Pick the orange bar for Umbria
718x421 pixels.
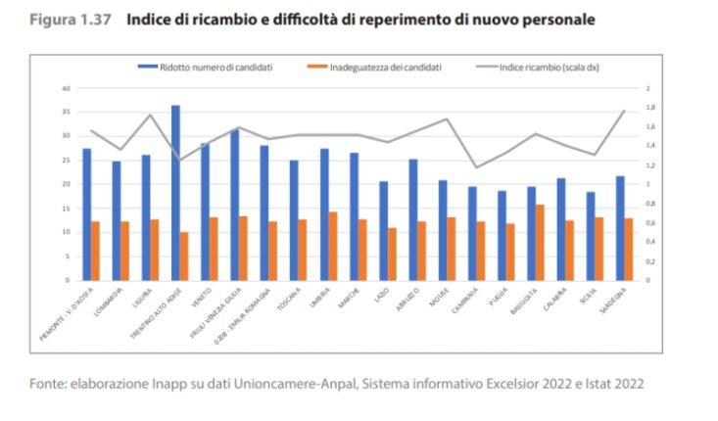tap(332, 246)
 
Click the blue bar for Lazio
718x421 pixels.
tap(383, 230)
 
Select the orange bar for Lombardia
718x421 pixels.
tap(124, 251)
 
